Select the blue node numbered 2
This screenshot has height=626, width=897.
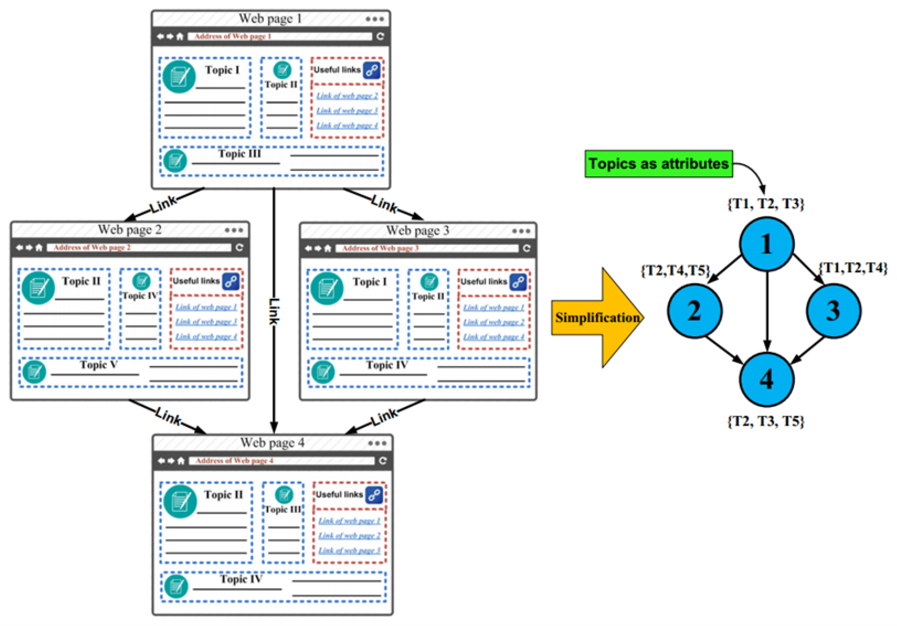[x=695, y=311]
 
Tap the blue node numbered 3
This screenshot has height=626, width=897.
[x=834, y=311]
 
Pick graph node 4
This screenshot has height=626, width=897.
[x=766, y=379]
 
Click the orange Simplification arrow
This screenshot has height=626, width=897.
[x=597, y=317]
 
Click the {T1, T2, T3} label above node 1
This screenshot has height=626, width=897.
[x=766, y=204]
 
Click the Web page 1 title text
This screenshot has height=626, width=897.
[x=270, y=18]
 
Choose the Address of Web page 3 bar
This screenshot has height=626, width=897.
[x=430, y=248]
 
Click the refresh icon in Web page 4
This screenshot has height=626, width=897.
[x=383, y=461]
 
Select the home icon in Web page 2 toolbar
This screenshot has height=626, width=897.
[x=39, y=248]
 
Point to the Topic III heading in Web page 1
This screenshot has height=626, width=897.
[x=240, y=154]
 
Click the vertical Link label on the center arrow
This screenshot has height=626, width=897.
[x=274, y=311]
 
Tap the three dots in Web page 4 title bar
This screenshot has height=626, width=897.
[x=377, y=443]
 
